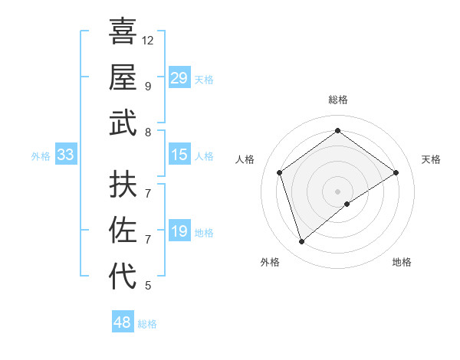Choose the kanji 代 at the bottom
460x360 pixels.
[x=123, y=276]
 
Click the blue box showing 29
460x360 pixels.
[x=179, y=78]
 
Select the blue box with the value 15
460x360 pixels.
[x=179, y=155]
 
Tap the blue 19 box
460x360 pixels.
[x=179, y=231]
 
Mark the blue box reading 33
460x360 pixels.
[x=65, y=155]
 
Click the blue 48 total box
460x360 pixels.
[x=123, y=322]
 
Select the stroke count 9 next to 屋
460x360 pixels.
[x=147, y=86]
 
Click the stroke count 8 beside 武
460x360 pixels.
[x=147, y=133]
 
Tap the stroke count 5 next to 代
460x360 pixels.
[x=147, y=286]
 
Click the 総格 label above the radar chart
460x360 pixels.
[x=337, y=100]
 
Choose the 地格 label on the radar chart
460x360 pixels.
[x=402, y=262]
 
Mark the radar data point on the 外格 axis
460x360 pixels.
[x=301, y=242]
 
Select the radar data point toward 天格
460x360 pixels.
[x=396, y=172]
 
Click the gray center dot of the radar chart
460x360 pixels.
[x=337, y=190]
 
